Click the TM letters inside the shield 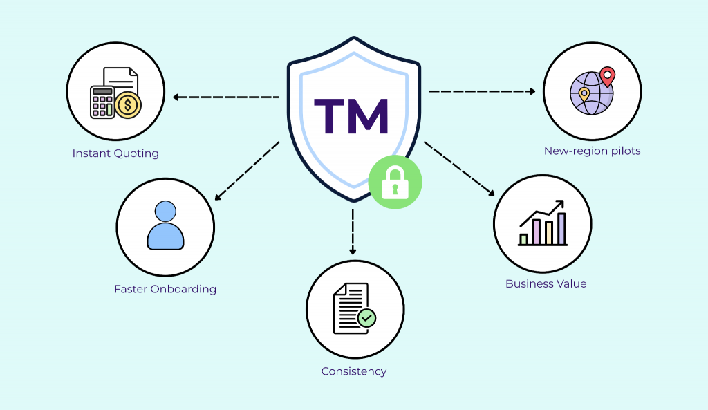coord(351,116)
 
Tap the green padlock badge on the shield coord(395,182)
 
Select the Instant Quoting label coord(115,153)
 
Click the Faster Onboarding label coord(165,289)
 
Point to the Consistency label coord(354,371)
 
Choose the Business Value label coord(546,283)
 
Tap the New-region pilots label coord(592,151)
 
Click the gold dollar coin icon coord(128,105)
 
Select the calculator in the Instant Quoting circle coord(102,102)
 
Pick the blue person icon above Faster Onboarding coord(165,225)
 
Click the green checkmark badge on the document coord(366,318)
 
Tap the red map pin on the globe coord(607,76)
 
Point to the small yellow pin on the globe coord(584,95)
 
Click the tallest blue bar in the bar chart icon coord(561,229)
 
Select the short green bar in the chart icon coord(524,239)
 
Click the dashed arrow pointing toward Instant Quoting coord(226,97)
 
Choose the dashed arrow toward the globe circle coord(482,91)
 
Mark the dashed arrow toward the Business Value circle coord(459,169)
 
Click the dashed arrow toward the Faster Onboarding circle coord(247,171)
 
